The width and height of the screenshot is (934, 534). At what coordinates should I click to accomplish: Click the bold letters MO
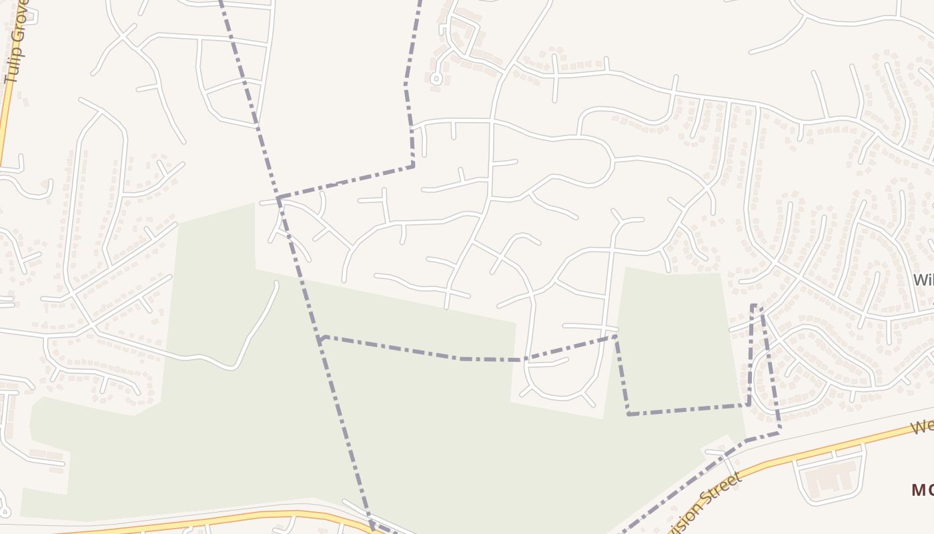pyautogui.click(x=923, y=491)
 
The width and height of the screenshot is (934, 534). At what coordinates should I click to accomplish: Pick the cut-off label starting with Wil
pyautogui.click(x=923, y=280)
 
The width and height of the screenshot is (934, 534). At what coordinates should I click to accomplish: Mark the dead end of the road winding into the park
pyautogui.click(x=276, y=283)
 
